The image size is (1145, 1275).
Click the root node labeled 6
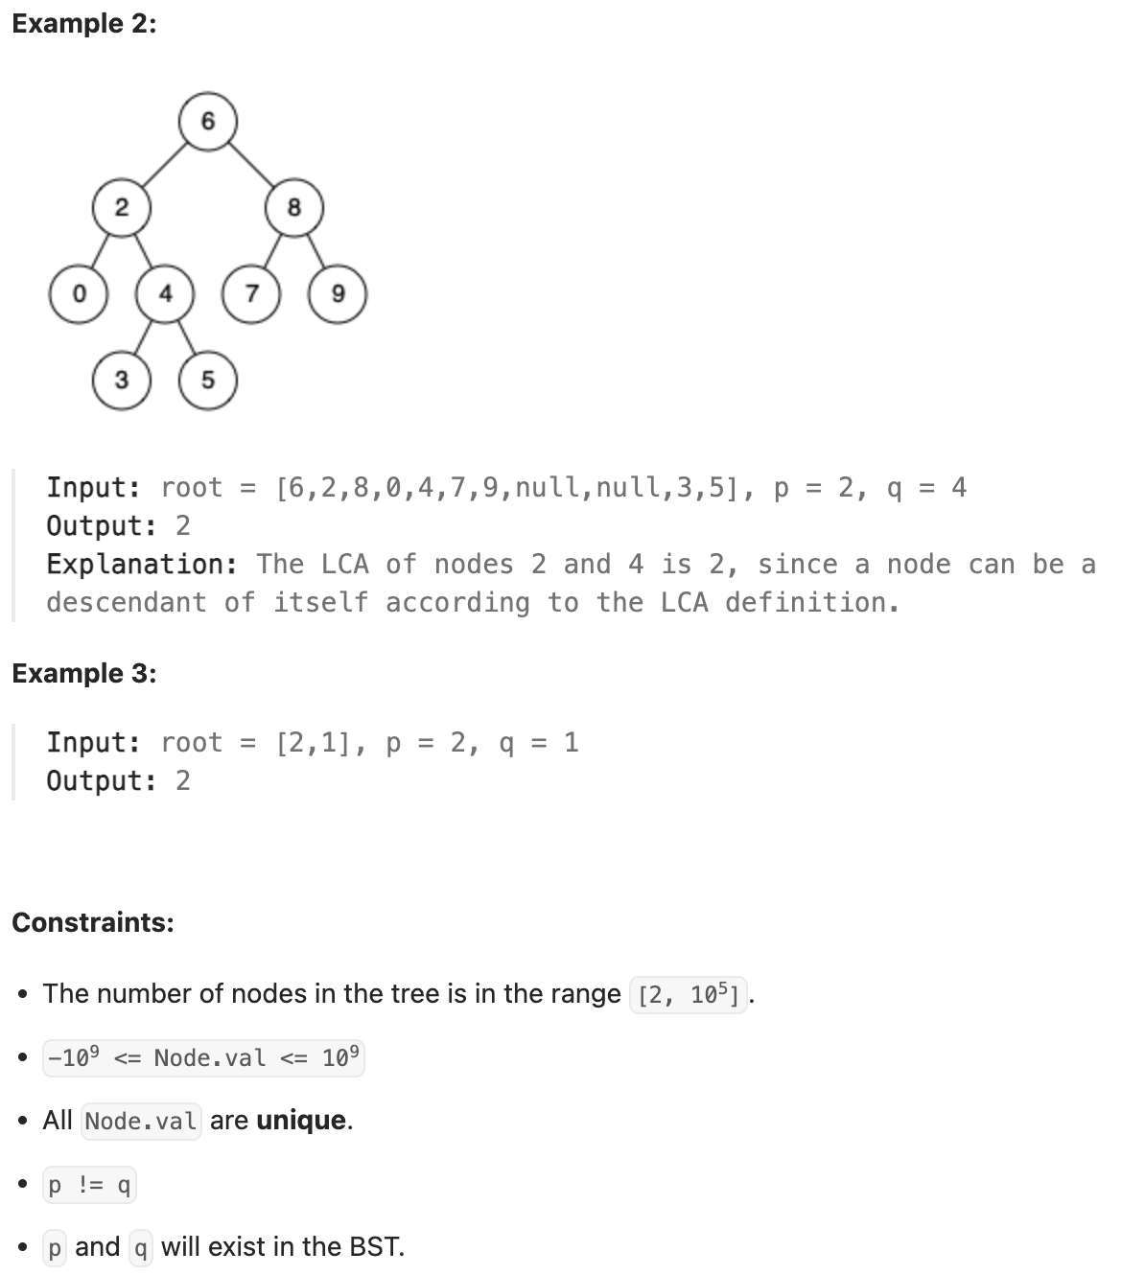click(208, 122)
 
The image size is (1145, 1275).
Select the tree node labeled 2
click(122, 207)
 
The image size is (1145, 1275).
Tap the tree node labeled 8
click(294, 207)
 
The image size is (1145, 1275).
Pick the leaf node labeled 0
click(79, 293)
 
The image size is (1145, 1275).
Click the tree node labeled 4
click(165, 293)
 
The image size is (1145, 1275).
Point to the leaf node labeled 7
click(251, 293)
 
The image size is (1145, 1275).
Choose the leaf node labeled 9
click(338, 293)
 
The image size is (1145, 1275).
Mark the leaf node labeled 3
click(122, 380)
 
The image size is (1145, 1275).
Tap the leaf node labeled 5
click(208, 380)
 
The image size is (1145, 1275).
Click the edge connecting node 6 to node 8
click(251, 164)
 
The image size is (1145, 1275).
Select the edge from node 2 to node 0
click(100, 251)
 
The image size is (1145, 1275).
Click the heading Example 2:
click(84, 24)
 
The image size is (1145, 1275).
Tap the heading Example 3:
click(84, 674)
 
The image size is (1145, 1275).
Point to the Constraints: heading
click(93, 922)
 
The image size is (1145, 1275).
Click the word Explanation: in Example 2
click(142, 564)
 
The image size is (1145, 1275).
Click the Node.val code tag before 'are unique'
click(141, 1121)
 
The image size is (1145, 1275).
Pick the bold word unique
click(301, 1121)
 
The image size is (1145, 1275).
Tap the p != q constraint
click(89, 1186)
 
